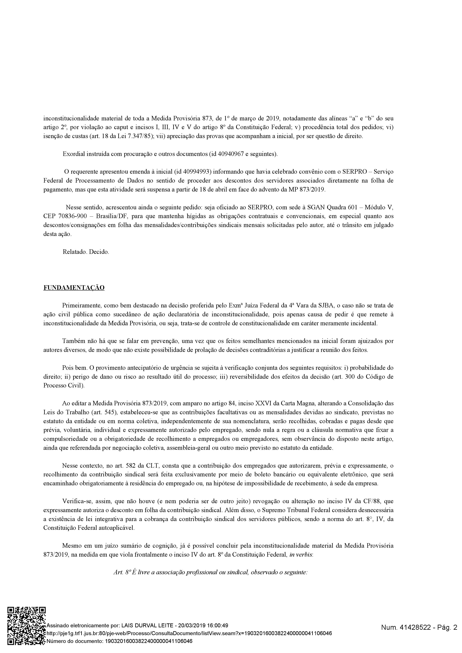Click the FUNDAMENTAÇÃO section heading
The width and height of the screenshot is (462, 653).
(x=74, y=288)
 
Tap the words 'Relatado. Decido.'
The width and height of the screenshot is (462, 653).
(x=86, y=252)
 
